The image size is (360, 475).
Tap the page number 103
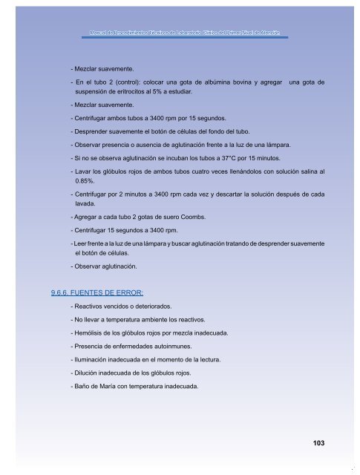[320, 444]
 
